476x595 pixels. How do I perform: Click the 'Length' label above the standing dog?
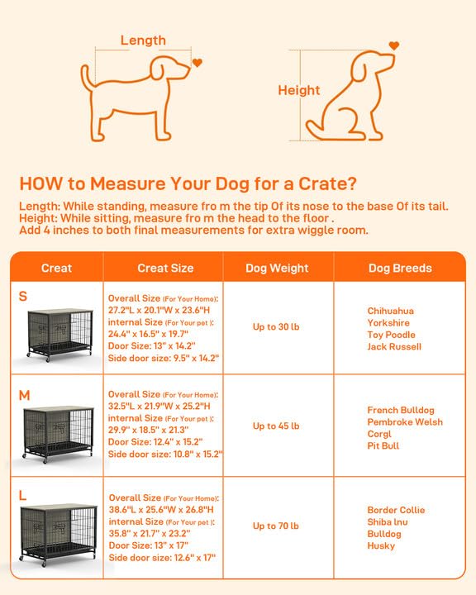pyautogui.click(x=143, y=40)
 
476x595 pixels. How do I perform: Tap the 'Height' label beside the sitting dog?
pyautogui.click(x=298, y=90)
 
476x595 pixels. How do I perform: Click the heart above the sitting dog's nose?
pyautogui.click(x=393, y=45)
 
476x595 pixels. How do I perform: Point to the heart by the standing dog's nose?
pyautogui.click(x=197, y=63)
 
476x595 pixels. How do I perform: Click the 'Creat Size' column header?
pyautogui.click(x=165, y=268)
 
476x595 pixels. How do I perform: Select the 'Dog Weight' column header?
pyautogui.click(x=277, y=268)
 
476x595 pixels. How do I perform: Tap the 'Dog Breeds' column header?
pyautogui.click(x=400, y=268)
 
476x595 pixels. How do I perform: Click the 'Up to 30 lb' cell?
pyautogui.click(x=276, y=326)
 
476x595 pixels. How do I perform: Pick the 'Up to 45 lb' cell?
pyautogui.click(x=276, y=426)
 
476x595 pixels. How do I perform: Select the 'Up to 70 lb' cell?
pyautogui.click(x=276, y=526)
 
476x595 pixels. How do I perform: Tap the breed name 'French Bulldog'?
pyautogui.click(x=401, y=411)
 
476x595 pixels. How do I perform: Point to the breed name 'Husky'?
pyautogui.click(x=381, y=545)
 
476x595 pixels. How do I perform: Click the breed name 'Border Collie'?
pyautogui.click(x=396, y=510)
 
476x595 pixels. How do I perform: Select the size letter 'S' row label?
pyautogui.click(x=22, y=294)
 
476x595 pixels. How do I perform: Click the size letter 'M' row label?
pyautogui.click(x=24, y=395)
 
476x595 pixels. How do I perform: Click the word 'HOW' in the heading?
pyautogui.click(x=38, y=183)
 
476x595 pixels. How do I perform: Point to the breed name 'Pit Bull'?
pyautogui.click(x=384, y=445)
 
